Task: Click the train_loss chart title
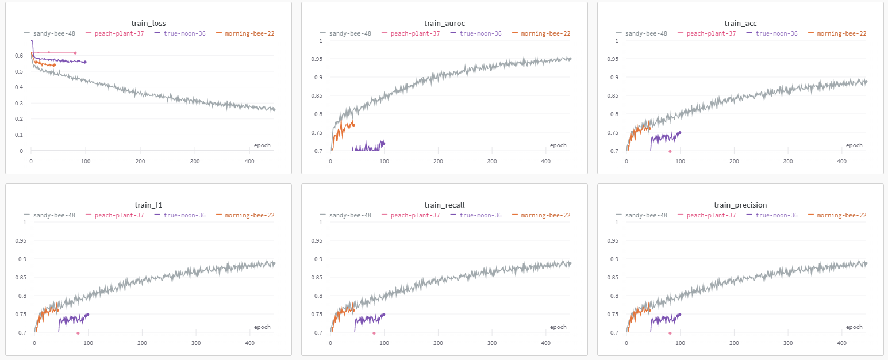point(148,24)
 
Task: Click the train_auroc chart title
point(444,24)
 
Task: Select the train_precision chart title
point(740,205)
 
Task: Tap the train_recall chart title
point(444,205)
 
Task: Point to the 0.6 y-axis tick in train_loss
point(20,56)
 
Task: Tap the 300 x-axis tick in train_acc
point(788,162)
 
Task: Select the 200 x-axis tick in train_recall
point(438,344)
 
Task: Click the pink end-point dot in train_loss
point(75,53)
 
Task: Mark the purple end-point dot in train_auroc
point(383,144)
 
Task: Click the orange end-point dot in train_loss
point(55,65)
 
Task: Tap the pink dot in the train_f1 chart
point(78,333)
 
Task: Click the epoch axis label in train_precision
point(854,327)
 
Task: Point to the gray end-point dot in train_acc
point(866,82)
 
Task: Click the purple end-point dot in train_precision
point(680,315)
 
